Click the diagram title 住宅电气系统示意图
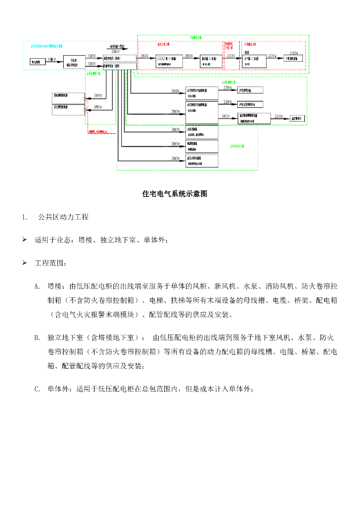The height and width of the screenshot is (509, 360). pyautogui.click(x=175, y=194)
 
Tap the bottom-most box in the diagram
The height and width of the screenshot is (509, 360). pyautogui.click(x=202, y=161)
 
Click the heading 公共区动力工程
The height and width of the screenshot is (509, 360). pyautogui.click(x=63, y=217)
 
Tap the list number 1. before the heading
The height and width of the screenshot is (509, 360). pyautogui.click(x=24, y=217)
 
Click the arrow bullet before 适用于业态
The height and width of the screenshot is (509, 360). pyautogui.click(x=24, y=240)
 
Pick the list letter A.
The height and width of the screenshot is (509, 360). pyautogui.click(x=37, y=286)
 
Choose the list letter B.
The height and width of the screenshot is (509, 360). pyautogui.click(x=37, y=338)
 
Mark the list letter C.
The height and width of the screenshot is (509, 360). pyautogui.click(x=37, y=389)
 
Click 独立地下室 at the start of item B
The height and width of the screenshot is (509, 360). pyautogui.click(x=65, y=338)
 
